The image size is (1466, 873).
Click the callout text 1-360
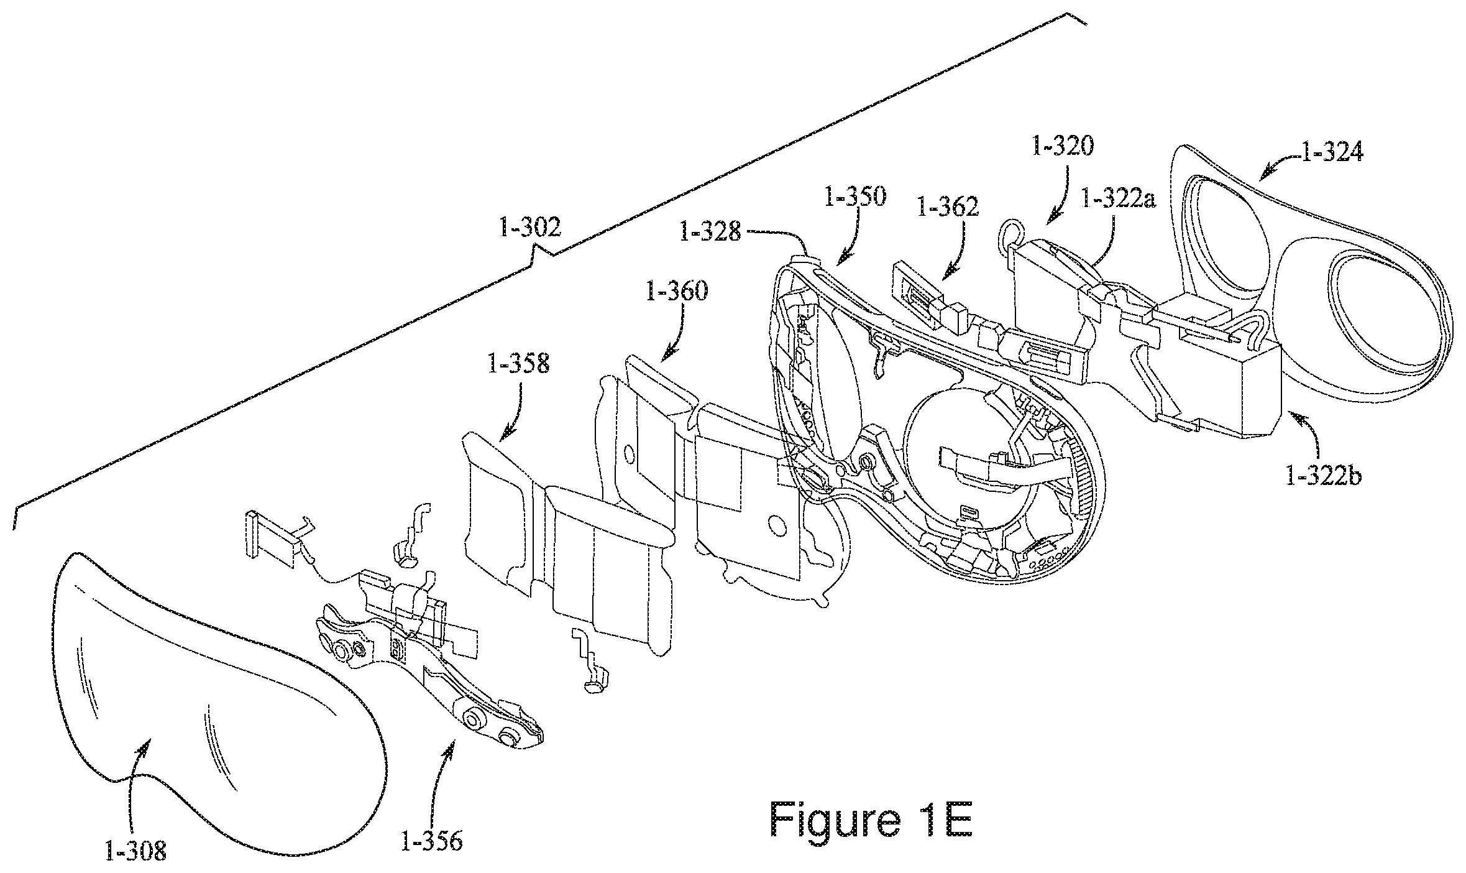(x=677, y=290)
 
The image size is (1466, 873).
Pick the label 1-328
(x=710, y=232)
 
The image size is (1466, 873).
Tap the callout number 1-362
(x=947, y=206)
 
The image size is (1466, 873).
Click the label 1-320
(x=1062, y=147)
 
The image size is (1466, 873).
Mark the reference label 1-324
(x=1331, y=152)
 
